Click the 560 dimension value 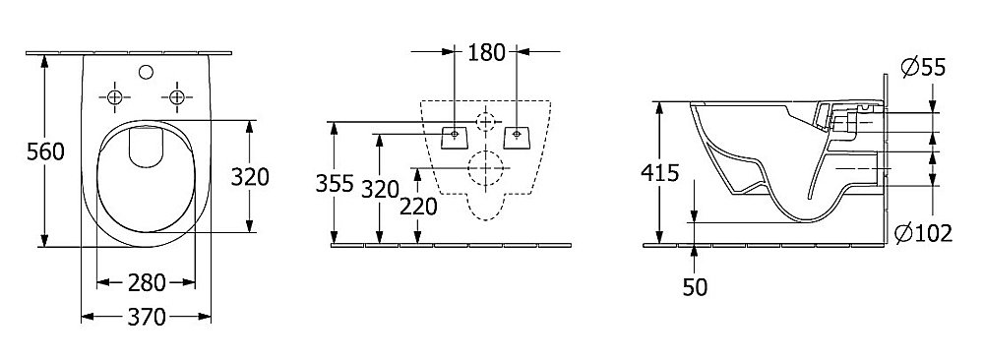(x=45, y=151)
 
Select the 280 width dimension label (x=147, y=283)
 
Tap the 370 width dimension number (x=147, y=318)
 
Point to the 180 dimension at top (x=486, y=53)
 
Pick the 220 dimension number (x=418, y=206)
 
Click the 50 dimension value (x=696, y=287)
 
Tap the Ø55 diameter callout (x=923, y=67)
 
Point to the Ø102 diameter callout (x=923, y=233)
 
